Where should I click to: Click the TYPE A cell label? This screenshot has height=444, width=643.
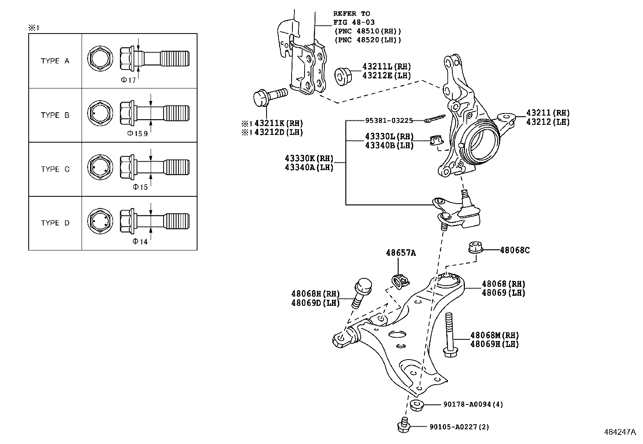pyautogui.click(x=55, y=61)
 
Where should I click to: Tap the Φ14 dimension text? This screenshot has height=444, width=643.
pyautogui.click(x=140, y=242)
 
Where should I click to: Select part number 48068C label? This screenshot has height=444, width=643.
pyautogui.click(x=515, y=250)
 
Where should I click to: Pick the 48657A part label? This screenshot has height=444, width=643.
pyautogui.click(x=400, y=253)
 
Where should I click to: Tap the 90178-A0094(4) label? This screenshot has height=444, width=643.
pyautogui.click(x=467, y=404)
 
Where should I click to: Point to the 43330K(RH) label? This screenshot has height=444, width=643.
pyautogui.click(x=309, y=158)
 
